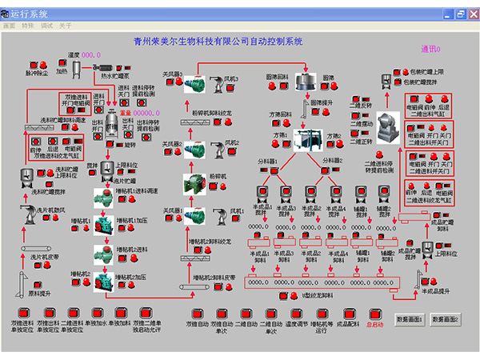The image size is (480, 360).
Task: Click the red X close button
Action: pos(472,14)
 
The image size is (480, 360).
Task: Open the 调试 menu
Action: pos(46,26)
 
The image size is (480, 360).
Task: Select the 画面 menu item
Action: pos(9,26)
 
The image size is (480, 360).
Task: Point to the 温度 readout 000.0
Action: pos(90,54)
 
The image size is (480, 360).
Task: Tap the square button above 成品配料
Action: pos(343,314)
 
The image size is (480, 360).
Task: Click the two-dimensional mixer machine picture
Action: pos(390,121)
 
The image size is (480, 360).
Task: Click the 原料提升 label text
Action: pos(40,294)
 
